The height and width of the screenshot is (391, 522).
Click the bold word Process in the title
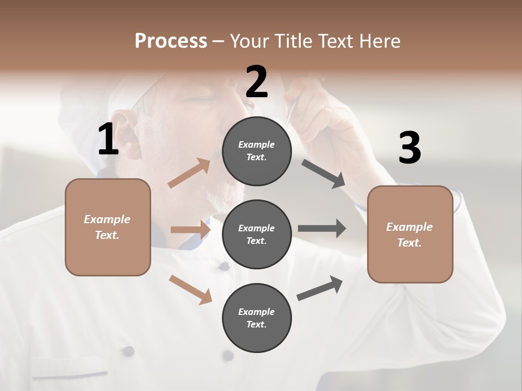171,41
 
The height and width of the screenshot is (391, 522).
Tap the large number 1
108,139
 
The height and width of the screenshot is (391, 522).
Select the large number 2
257,82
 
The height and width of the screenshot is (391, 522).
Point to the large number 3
409,148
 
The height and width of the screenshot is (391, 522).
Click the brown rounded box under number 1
108,227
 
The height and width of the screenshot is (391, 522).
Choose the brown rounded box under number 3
410,234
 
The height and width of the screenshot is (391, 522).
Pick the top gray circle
257,150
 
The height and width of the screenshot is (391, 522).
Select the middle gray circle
257,234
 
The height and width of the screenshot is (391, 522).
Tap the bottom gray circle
257,318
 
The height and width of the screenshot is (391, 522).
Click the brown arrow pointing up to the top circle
189,173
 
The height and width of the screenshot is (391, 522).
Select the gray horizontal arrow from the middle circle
322,229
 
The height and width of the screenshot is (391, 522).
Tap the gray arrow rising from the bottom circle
320,288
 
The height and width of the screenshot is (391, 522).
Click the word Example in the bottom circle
257,312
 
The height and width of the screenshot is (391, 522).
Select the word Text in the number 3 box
409,243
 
